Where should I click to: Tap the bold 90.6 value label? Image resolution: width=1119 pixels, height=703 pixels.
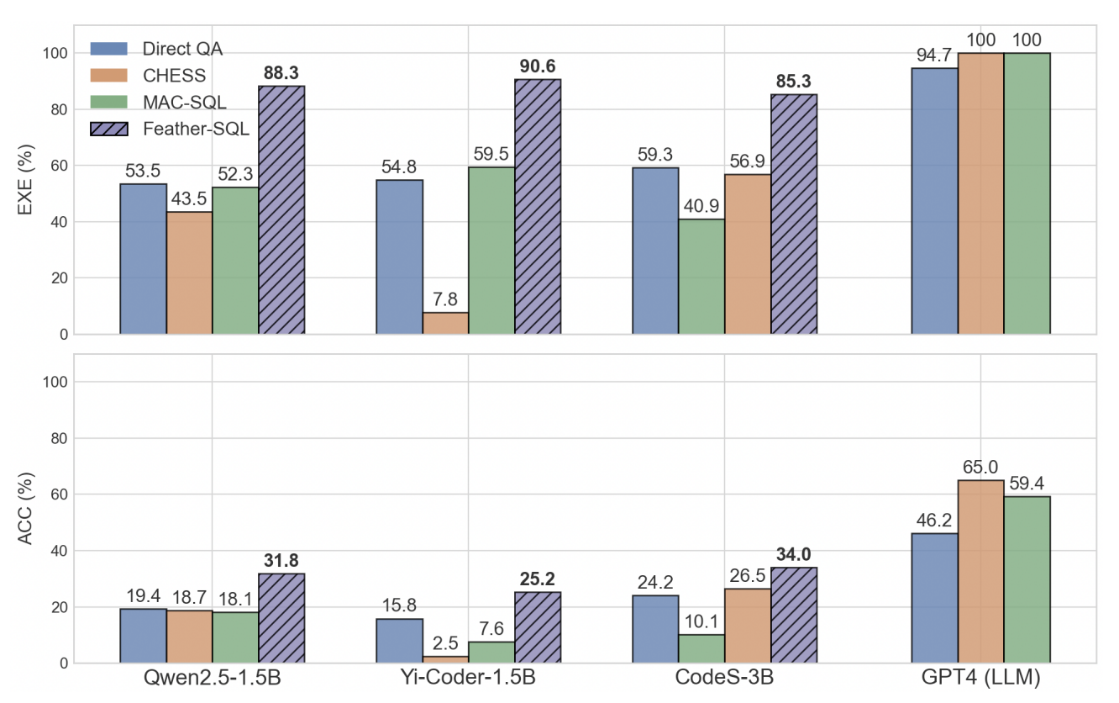click(538, 66)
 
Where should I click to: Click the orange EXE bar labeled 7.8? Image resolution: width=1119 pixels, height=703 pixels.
click(445, 323)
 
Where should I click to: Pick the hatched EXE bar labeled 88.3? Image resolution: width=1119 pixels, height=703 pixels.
click(281, 210)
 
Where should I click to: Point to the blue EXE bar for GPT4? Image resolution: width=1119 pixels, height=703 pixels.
click(934, 201)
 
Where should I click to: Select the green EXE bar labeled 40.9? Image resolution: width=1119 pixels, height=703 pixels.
click(701, 277)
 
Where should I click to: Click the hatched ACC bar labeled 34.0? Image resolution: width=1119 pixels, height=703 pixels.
click(794, 615)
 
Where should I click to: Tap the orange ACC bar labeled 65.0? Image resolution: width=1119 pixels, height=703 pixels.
click(980, 571)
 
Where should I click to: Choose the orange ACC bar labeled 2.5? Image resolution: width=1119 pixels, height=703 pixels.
click(445, 659)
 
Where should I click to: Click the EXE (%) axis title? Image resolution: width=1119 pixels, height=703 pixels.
click(26, 180)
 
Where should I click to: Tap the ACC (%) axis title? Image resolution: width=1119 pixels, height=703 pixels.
click(26, 509)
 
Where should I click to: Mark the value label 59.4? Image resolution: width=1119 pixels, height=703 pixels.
click(1027, 484)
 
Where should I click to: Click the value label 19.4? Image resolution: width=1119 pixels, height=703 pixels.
click(143, 596)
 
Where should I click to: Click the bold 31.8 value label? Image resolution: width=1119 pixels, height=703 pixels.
click(281, 560)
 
